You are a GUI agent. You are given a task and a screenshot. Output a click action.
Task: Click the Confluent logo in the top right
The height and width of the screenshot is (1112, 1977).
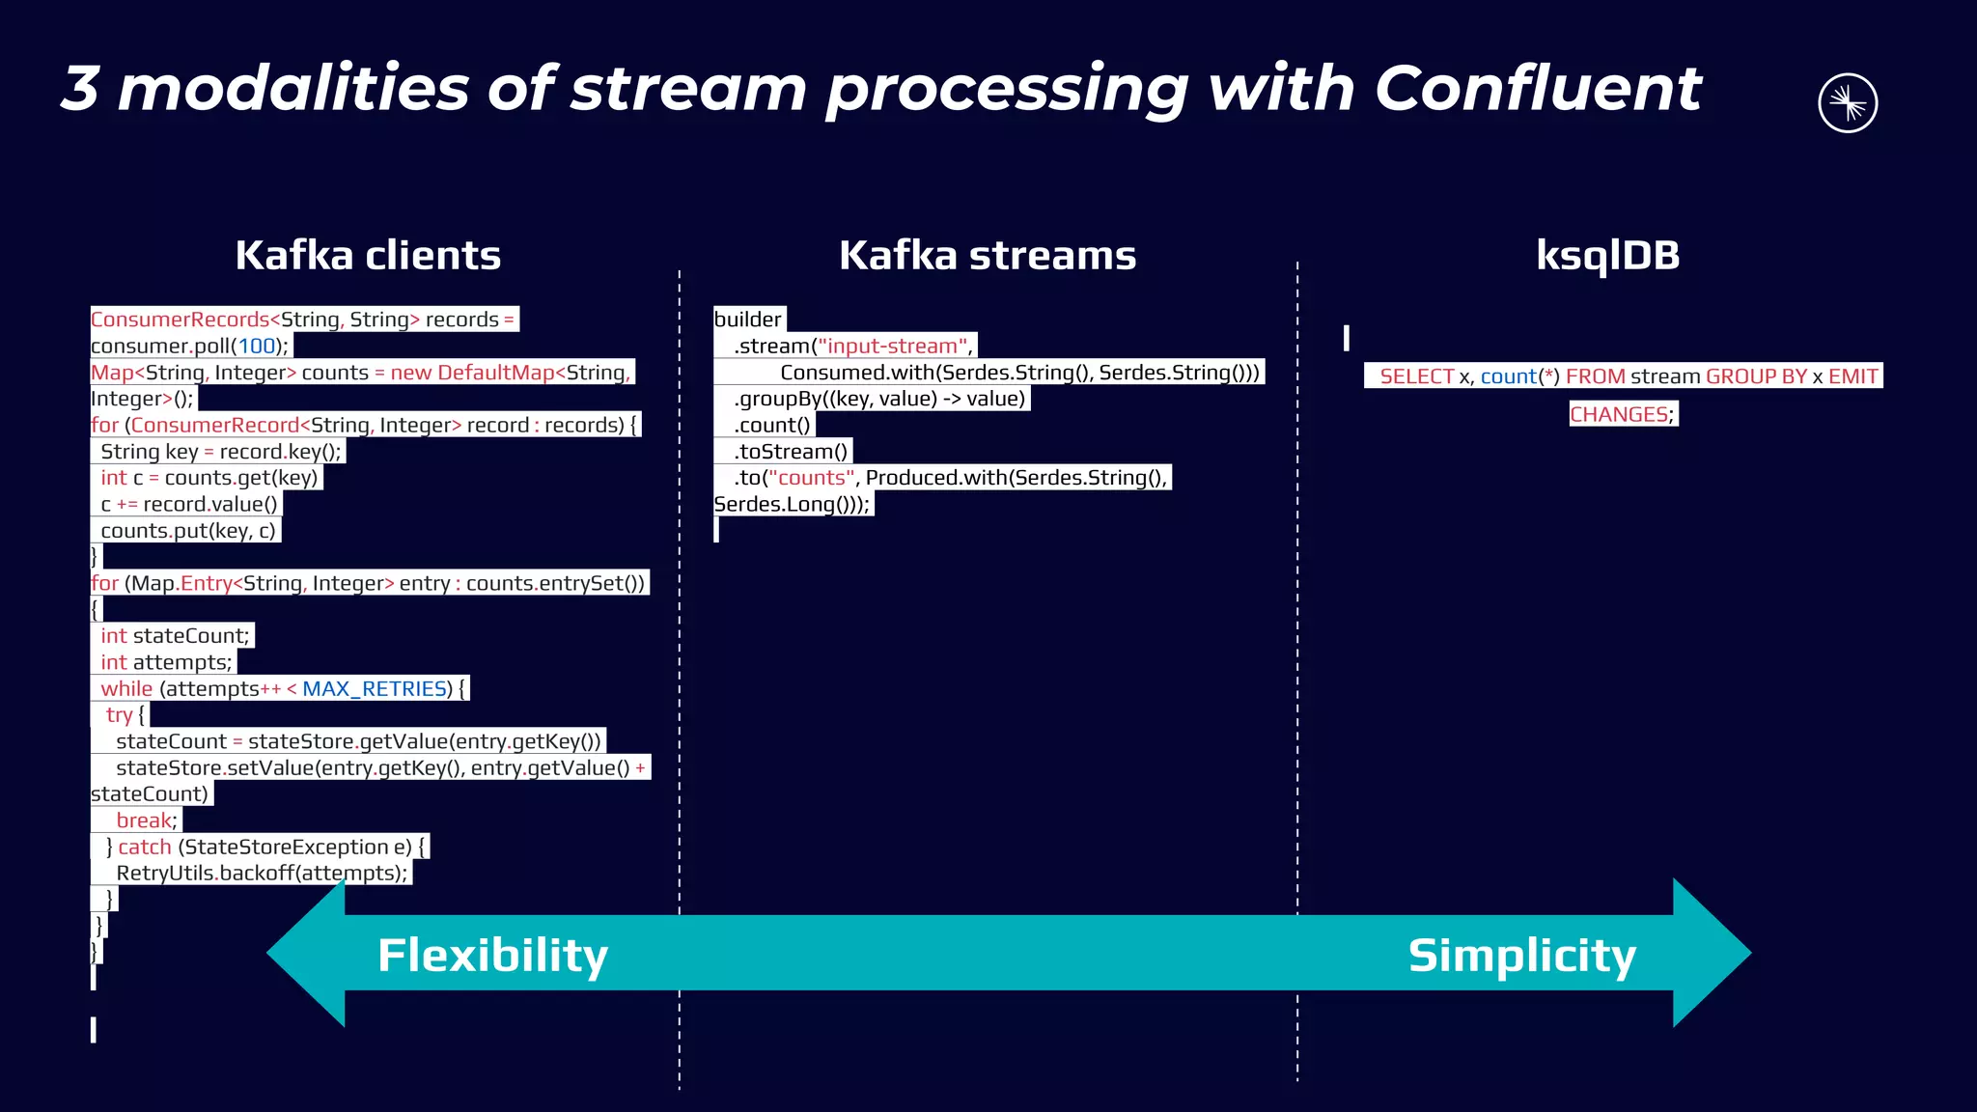click(x=1847, y=103)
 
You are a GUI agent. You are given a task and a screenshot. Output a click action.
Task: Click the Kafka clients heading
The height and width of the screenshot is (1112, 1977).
click(x=368, y=256)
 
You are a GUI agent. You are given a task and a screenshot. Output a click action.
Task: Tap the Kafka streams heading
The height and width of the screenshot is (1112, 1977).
click(x=987, y=256)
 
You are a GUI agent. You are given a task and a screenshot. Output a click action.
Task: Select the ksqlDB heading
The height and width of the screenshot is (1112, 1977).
click(x=1607, y=256)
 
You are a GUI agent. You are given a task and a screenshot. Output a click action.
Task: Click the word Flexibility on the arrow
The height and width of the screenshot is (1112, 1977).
click(x=492, y=956)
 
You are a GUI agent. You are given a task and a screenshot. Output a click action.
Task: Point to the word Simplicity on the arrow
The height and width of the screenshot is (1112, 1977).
click(x=1521, y=956)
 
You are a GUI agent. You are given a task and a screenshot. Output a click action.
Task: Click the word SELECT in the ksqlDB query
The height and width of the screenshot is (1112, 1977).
click(x=1416, y=376)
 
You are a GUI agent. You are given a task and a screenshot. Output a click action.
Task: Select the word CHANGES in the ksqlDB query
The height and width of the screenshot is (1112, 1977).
click(x=1619, y=415)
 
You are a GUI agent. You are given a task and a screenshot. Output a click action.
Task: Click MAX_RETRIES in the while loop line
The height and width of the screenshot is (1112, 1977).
click(x=376, y=689)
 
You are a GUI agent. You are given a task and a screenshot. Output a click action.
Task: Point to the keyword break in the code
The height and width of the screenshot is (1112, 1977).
click(x=145, y=820)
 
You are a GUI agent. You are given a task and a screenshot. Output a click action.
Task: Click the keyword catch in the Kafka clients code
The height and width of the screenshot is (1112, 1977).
click(x=145, y=848)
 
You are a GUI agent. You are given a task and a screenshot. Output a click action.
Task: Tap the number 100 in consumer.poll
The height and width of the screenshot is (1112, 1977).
click(x=257, y=347)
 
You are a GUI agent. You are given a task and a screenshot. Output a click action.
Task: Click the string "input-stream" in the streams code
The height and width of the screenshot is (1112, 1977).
click(x=893, y=347)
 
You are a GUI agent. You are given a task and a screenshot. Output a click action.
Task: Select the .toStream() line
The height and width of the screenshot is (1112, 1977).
click(x=790, y=452)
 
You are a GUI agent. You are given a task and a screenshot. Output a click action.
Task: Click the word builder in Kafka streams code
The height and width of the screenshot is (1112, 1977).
click(x=747, y=320)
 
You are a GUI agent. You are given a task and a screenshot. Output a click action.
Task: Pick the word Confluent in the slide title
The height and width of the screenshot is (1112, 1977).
click(x=1537, y=89)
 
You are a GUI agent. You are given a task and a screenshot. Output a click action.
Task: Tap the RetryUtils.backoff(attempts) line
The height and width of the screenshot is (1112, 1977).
click(x=261, y=874)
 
